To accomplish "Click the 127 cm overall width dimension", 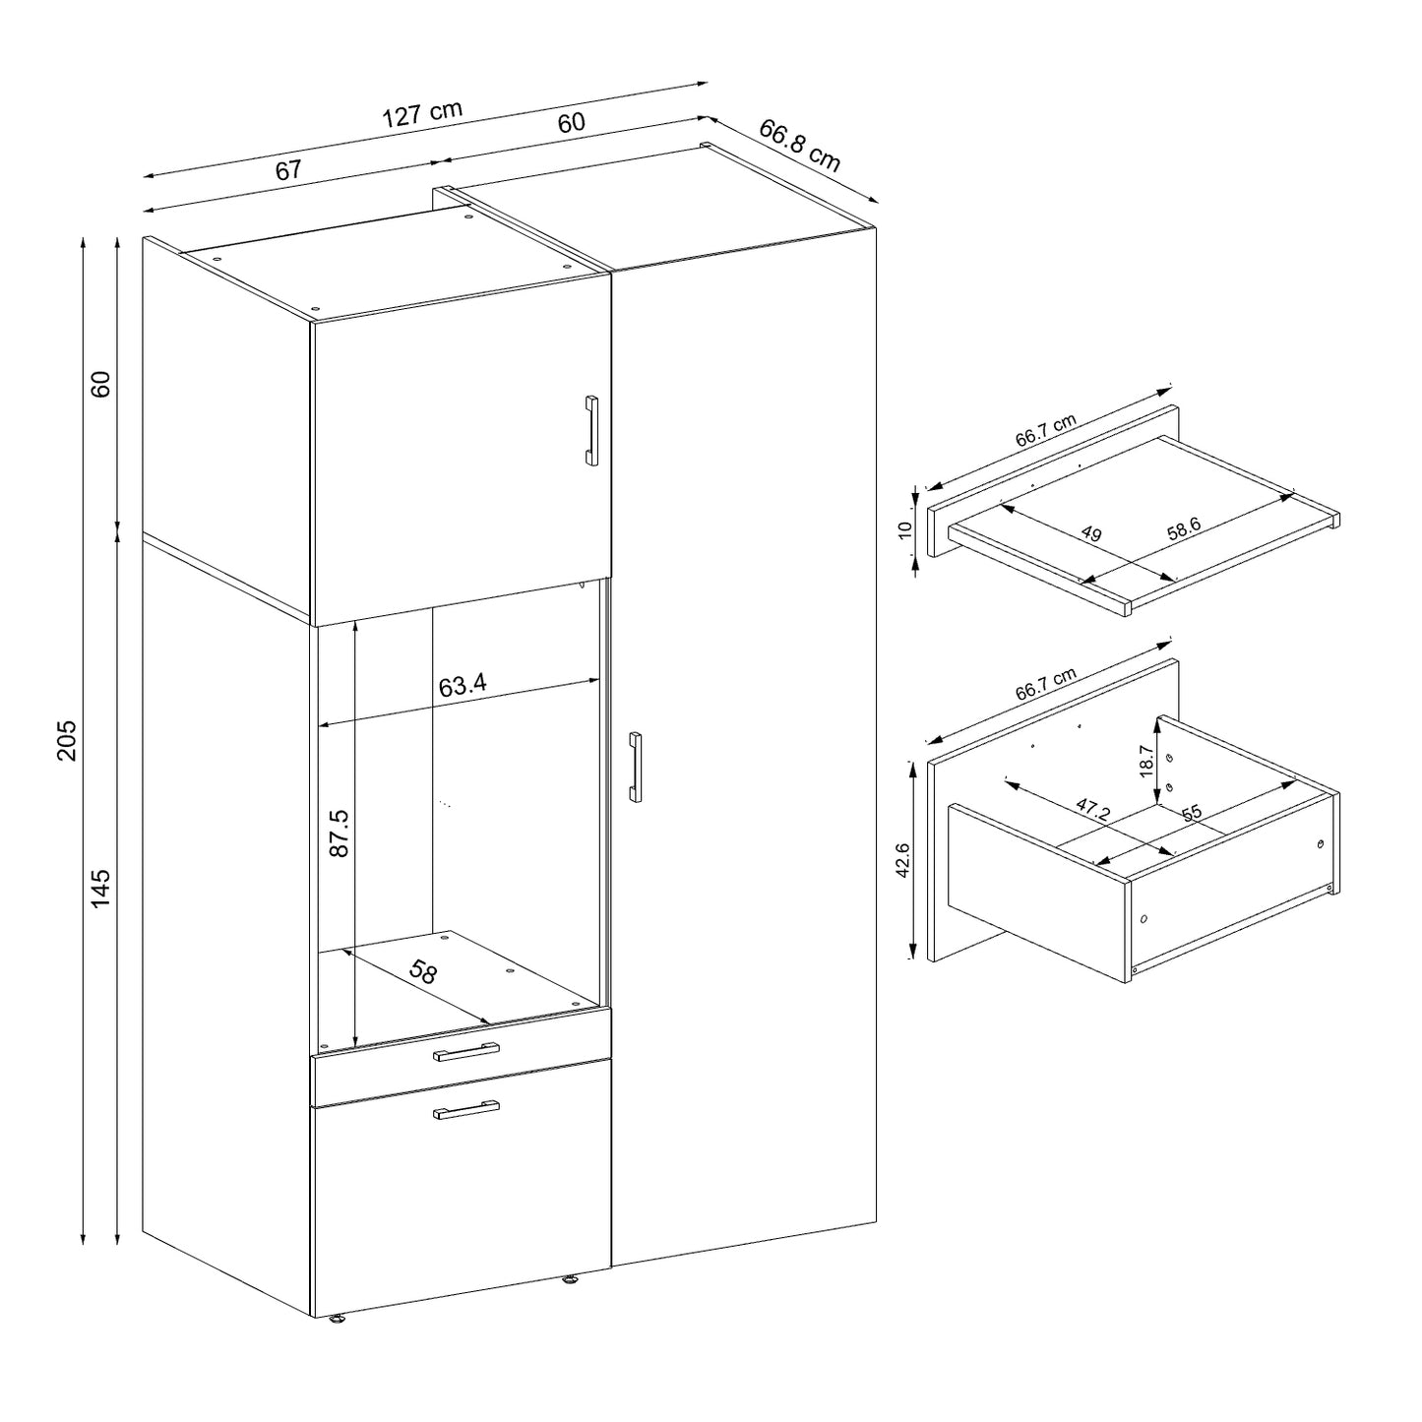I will click(x=421, y=113).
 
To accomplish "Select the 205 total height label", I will click(x=66, y=739).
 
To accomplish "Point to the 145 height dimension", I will click(x=101, y=889).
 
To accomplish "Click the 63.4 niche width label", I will click(x=463, y=686).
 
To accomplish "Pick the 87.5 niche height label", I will click(x=339, y=833).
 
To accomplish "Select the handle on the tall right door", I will click(x=636, y=767).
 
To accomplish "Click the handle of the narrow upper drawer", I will click(x=466, y=1053).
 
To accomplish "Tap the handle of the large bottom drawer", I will click(x=466, y=1109).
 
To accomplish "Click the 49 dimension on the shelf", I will click(x=1090, y=535).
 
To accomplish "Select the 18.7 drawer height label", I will click(x=1146, y=761).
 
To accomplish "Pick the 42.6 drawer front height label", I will click(x=903, y=859).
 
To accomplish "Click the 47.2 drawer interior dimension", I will click(x=1092, y=810).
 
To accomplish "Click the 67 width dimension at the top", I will click(x=287, y=170).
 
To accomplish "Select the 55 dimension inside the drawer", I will click(x=1191, y=813).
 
